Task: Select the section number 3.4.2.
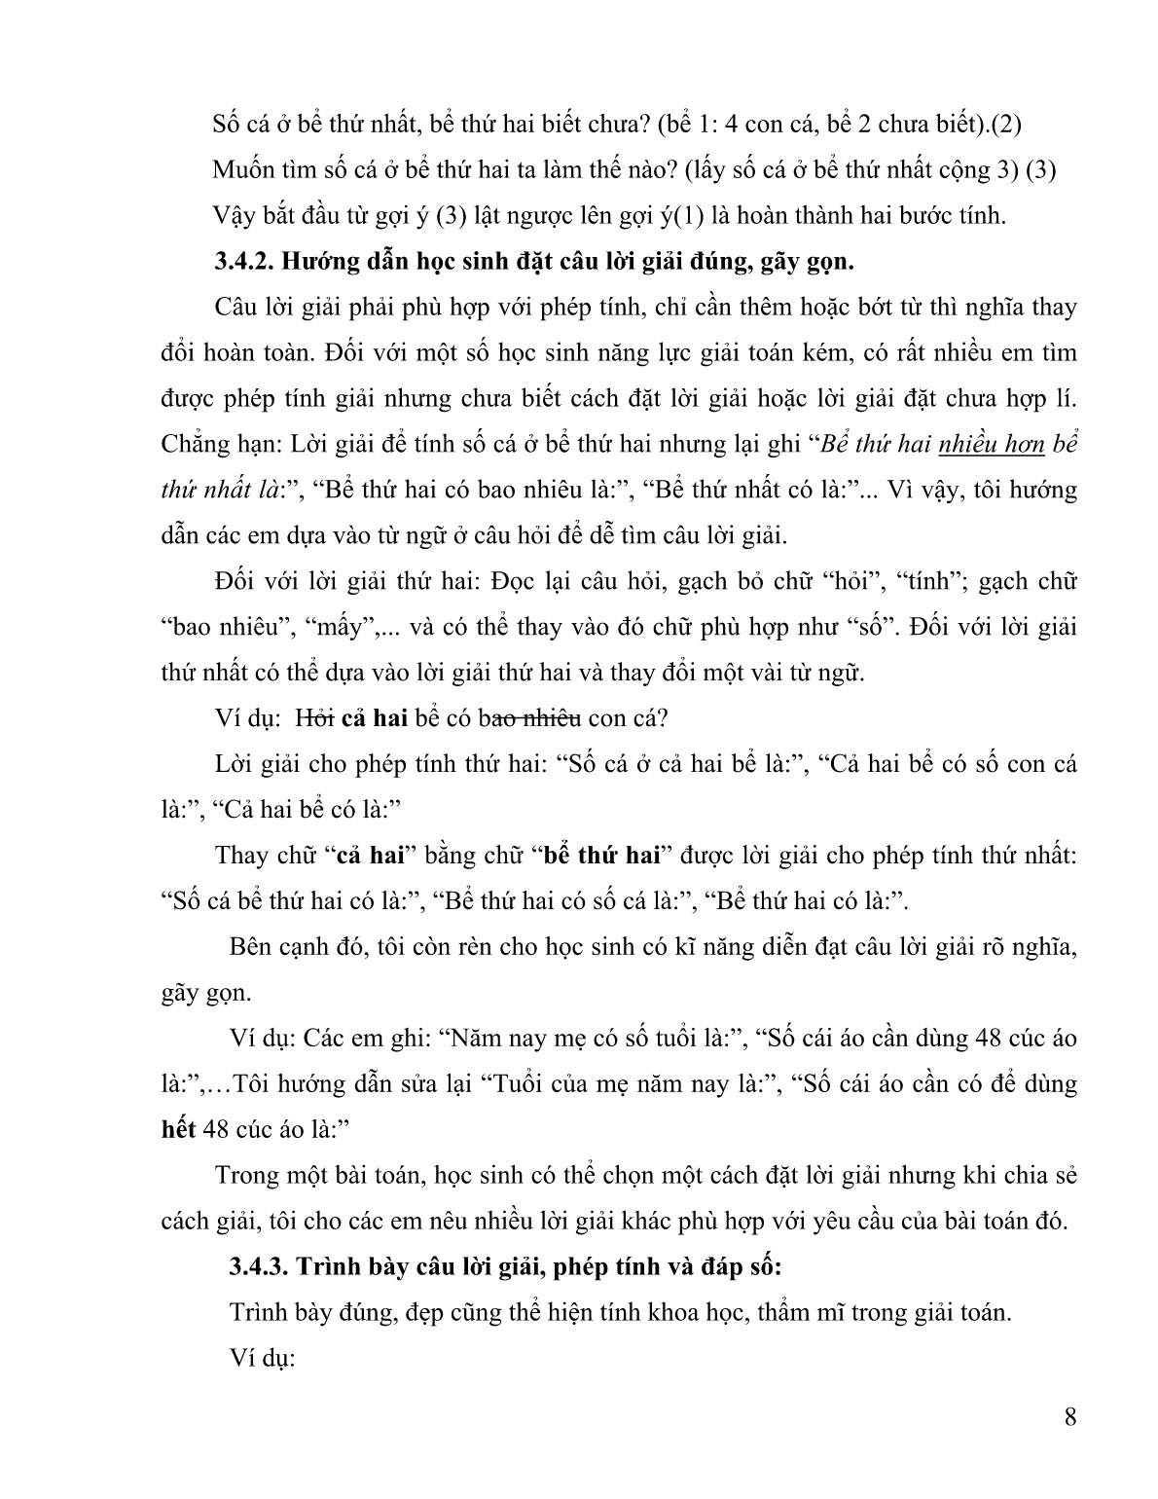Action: (243, 261)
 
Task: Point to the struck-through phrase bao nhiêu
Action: (533, 717)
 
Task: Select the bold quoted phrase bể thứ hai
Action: (601, 855)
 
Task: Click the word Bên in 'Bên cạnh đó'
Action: (251, 946)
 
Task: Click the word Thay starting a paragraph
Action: (239, 855)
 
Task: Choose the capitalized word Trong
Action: (244, 1175)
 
